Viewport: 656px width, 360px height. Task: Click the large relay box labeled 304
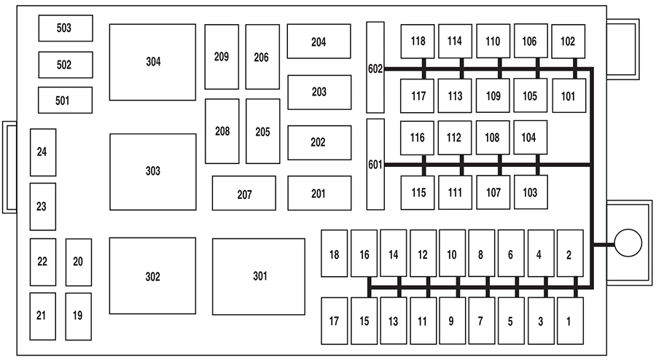coord(152,62)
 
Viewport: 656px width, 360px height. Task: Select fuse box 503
coord(66,28)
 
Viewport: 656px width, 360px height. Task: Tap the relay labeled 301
coord(259,276)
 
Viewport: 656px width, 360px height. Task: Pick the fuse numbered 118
coord(417,42)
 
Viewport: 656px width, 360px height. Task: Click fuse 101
coord(568,95)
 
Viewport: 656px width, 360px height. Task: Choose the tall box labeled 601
coord(375,164)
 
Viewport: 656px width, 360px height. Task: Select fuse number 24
coord(42,152)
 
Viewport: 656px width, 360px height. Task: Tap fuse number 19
coord(78,316)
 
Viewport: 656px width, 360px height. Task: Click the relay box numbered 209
coord(222,57)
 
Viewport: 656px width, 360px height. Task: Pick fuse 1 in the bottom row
coord(570,321)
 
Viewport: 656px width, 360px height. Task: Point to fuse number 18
coord(334,254)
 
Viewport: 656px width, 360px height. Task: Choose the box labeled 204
coord(319,42)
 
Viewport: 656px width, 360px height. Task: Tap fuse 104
coord(530,137)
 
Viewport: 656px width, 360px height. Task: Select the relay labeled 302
coord(152,276)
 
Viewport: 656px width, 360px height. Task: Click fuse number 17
coord(334,321)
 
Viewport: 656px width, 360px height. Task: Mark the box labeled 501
coord(65,101)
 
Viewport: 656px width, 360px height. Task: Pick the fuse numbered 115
coord(417,192)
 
